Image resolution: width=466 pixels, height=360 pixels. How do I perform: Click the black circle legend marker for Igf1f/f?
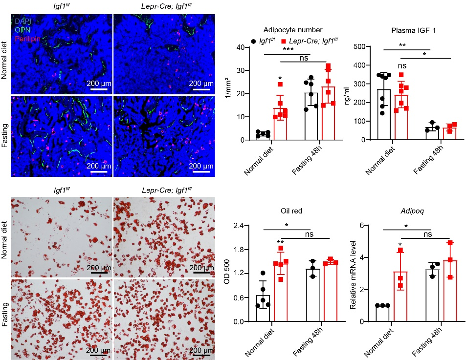click(253, 42)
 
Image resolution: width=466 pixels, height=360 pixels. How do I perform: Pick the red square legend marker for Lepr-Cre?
click(284, 42)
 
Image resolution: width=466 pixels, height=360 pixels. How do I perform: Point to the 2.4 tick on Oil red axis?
click(238, 226)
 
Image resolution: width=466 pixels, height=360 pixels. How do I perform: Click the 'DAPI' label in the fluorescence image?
click(22, 22)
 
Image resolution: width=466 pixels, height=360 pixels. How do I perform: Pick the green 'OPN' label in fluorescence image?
click(22, 30)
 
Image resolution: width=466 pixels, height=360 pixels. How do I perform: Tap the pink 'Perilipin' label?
click(26, 38)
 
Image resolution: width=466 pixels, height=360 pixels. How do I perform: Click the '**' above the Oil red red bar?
click(281, 243)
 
